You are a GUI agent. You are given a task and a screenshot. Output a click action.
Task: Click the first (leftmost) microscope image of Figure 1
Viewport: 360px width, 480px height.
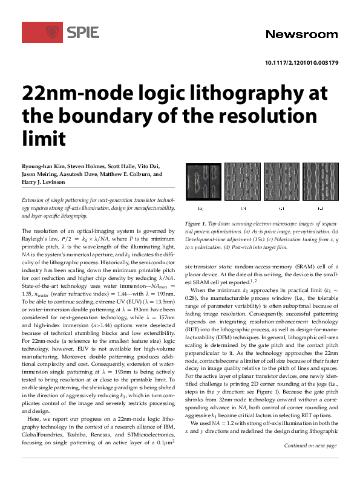click(x=202, y=182)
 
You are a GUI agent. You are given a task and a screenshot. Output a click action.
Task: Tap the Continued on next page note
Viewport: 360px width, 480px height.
click(x=311, y=462)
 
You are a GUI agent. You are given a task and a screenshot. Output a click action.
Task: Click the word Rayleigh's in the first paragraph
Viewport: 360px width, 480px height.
click(x=37, y=239)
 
